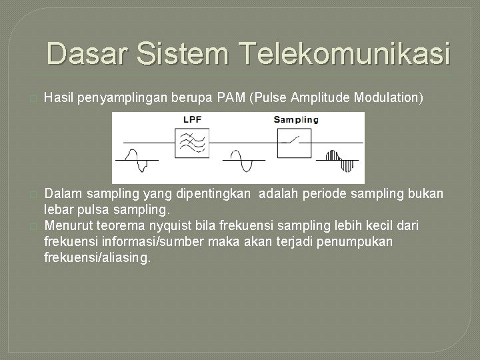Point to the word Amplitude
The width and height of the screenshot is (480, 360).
pos(319,99)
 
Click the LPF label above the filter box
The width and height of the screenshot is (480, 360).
pos(193,120)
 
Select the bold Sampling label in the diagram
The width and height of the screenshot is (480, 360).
pos(296,120)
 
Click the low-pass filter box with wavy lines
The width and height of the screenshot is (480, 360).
pos(193,142)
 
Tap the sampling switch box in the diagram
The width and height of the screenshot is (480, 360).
pos(295,142)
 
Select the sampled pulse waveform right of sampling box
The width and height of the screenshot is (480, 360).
pos(340,159)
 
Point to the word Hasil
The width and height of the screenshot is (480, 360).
pos(57,99)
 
